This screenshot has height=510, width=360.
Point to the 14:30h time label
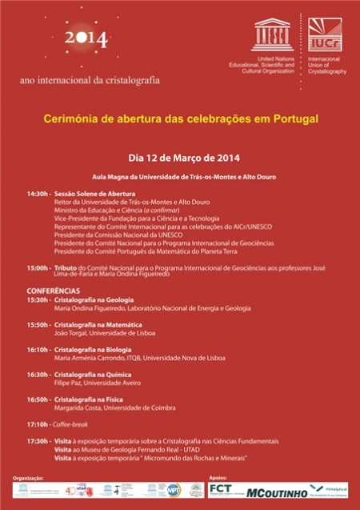click(x=38, y=195)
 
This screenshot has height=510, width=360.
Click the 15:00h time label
click(x=38, y=267)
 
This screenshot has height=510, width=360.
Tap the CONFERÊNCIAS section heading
click(x=54, y=290)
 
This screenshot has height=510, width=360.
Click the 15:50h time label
click(x=38, y=324)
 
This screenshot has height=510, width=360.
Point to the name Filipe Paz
click(x=70, y=384)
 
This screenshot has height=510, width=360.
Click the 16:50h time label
click(x=38, y=399)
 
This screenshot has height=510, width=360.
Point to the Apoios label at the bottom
click(x=218, y=477)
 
